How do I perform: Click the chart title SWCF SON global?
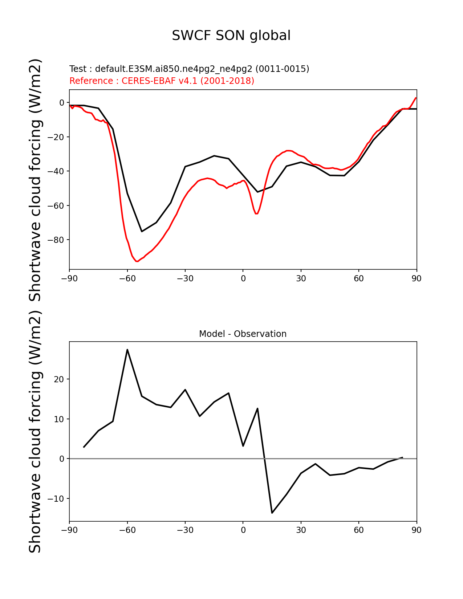(231, 36)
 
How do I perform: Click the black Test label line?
(189, 69)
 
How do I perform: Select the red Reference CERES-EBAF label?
(162, 81)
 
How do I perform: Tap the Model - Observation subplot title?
(243, 334)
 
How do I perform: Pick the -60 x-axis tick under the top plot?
(127, 278)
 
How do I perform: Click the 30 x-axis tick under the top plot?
(301, 278)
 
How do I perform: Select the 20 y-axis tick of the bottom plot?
(59, 379)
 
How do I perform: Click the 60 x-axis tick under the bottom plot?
(359, 530)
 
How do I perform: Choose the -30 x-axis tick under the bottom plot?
(185, 530)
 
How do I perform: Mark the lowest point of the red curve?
(137, 261)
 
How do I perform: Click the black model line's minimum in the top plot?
(142, 231)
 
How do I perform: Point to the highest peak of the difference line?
(127, 350)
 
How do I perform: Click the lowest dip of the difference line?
(272, 513)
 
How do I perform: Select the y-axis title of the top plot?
(35, 180)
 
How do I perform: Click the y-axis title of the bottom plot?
(35, 431)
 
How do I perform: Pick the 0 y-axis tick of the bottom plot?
(62, 459)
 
